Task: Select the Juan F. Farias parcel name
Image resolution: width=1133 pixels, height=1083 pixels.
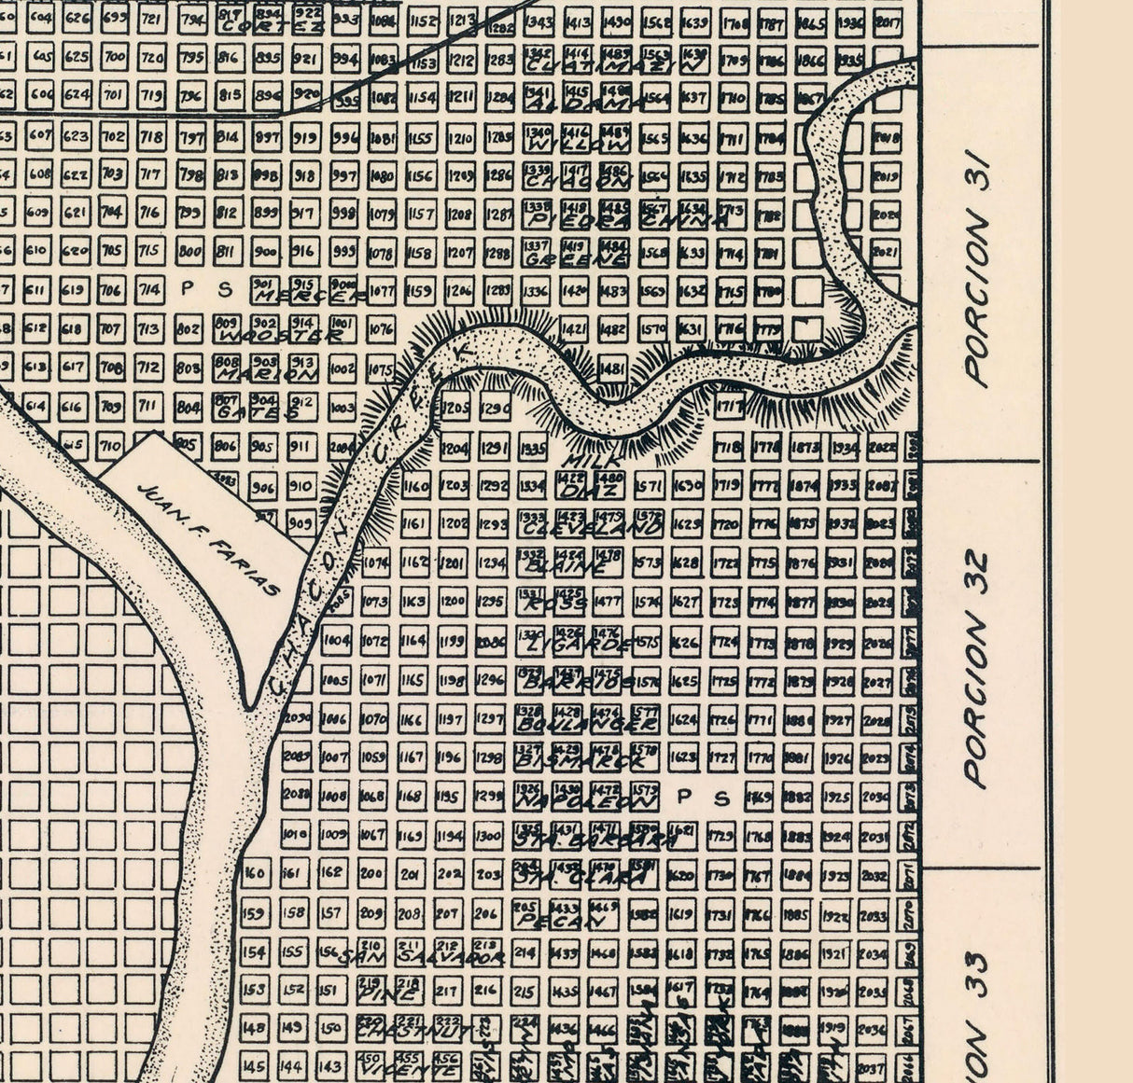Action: click(x=207, y=538)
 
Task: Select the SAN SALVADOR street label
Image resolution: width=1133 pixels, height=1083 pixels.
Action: click(x=421, y=957)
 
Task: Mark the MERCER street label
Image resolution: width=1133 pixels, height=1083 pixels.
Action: click(x=307, y=296)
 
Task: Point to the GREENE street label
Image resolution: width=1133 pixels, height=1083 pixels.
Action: click(x=576, y=259)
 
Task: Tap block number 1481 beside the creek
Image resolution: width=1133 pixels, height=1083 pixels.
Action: click(x=611, y=368)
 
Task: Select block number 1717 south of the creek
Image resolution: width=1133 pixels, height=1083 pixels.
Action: click(x=729, y=407)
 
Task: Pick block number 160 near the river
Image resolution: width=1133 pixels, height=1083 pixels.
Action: click(x=254, y=873)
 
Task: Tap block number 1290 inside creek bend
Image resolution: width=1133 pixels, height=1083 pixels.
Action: click(x=495, y=409)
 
